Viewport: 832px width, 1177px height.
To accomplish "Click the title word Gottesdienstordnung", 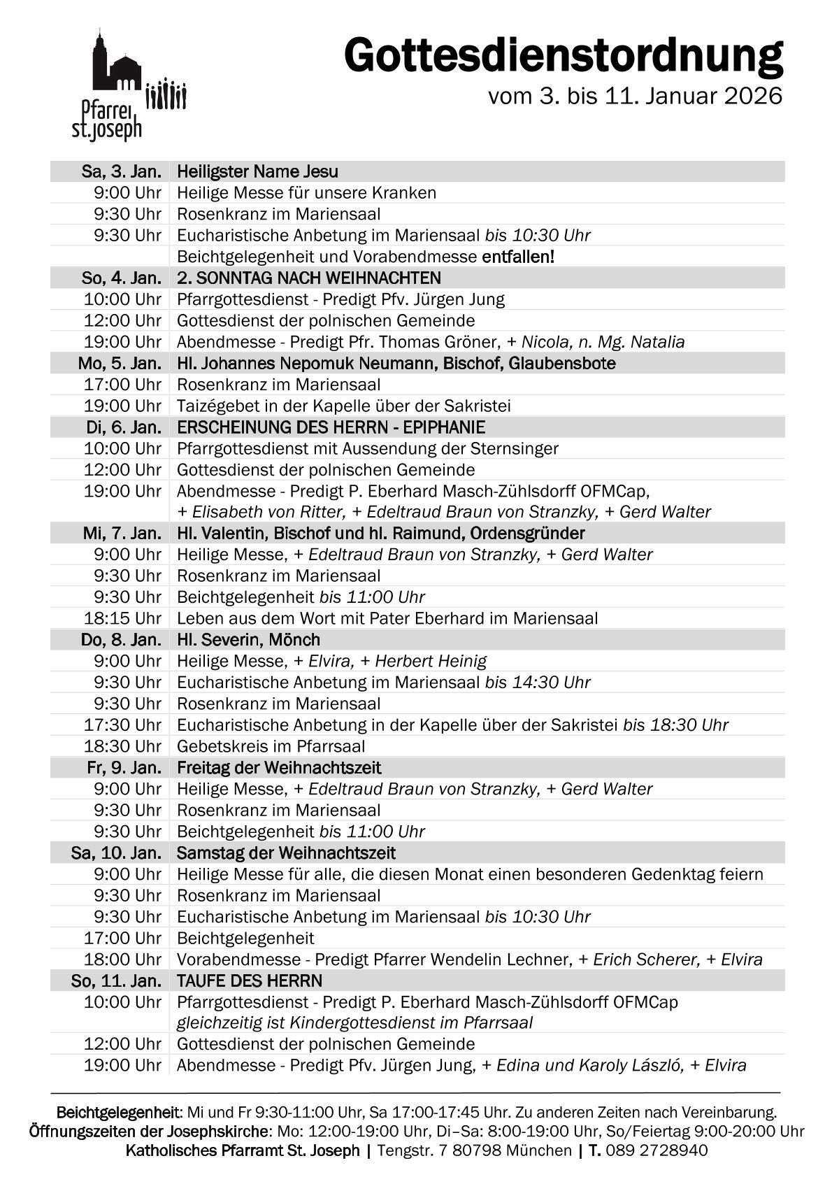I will coord(563,56).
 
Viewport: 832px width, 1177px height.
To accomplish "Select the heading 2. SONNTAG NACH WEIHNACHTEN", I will coord(308,278).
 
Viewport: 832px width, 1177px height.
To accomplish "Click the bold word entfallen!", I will coord(518,257).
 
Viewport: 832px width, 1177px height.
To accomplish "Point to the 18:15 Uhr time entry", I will coord(123,618).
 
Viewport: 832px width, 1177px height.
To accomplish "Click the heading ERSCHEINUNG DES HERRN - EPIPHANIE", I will coord(331,427).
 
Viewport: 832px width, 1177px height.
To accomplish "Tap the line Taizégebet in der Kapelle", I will coord(343,406).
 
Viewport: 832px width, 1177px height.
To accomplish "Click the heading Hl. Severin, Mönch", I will coord(248,640).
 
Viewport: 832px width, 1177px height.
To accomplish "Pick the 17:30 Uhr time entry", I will coord(123,725).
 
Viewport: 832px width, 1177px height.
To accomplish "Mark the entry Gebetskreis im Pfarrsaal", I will coord(271,746).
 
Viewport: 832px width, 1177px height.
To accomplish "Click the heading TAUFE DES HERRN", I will coord(249,980).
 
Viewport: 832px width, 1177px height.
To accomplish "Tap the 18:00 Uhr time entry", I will coord(123,960).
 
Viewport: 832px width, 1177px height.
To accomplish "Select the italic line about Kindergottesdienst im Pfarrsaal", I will coord(354,1022).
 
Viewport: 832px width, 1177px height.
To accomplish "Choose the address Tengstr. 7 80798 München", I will coord(474,1150).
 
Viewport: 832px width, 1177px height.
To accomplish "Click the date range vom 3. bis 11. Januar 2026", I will coord(635,97).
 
